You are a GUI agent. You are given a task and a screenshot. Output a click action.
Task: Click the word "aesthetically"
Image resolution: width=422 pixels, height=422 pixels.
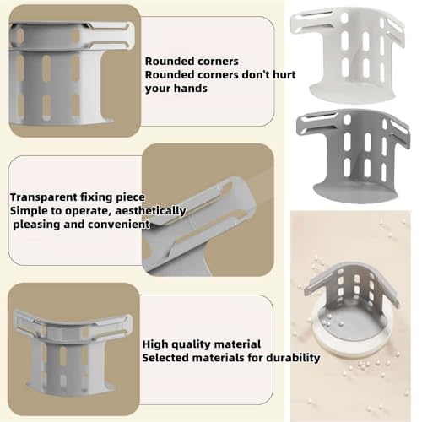150,211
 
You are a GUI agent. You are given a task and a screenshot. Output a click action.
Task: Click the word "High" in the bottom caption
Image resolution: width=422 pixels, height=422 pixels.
155,344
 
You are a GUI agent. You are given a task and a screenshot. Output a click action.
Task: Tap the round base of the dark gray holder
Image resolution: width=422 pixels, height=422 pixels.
355,192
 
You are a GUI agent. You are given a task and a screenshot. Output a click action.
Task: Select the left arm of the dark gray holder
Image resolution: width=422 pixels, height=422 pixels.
316,123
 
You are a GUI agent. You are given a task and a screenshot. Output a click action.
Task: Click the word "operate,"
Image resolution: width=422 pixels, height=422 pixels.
89,211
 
